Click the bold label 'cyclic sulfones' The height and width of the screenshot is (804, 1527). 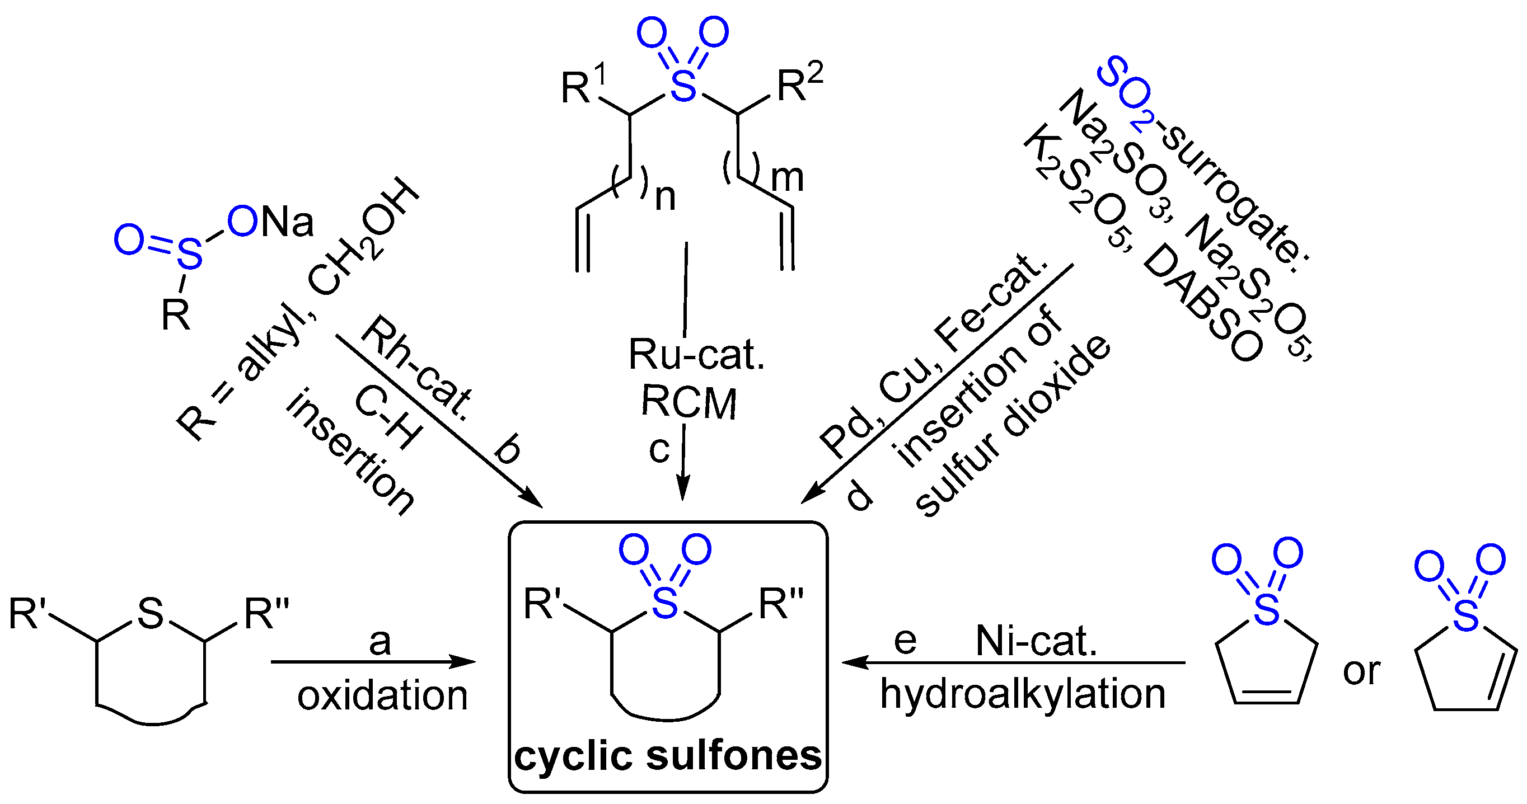pyautogui.click(x=668, y=756)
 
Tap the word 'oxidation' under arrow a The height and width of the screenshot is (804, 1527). pyautogui.click(x=382, y=695)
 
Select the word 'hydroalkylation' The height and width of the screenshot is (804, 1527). pyautogui.click(x=1023, y=694)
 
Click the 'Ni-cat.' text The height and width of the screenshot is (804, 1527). pyautogui.click(x=1036, y=641)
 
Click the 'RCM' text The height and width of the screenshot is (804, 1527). pyautogui.click(x=689, y=403)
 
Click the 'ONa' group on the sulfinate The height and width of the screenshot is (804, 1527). pyautogui.click(x=270, y=222)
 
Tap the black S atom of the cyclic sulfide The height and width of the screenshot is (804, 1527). pyautogui.click(x=151, y=614)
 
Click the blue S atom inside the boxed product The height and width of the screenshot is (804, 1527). pyautogui.click(x=664, y=604)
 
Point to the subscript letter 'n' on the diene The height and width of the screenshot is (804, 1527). pyautogui.click(x=665, y=199)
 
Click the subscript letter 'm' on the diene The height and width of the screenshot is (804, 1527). pyautogui.click(x=787, y=178)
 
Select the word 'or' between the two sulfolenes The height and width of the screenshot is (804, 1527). pyautogui.click(x=1362, y=672)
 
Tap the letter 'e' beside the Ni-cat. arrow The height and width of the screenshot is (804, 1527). pyautogui.click(x=905, y=641)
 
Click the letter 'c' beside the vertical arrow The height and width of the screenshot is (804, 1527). pyautogui.click(x=659, y=450)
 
